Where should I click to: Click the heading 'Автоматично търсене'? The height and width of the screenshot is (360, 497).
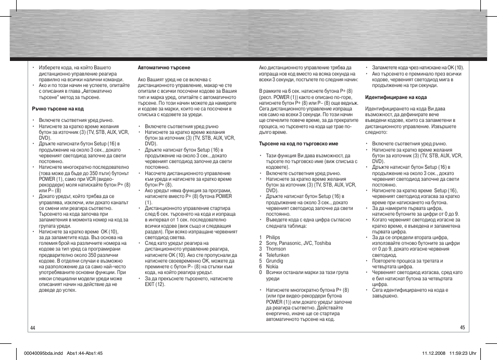coord(164,68)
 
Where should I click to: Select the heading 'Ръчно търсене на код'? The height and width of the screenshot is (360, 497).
coord(58,109)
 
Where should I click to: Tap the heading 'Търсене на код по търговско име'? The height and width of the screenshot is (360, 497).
coord(298,144)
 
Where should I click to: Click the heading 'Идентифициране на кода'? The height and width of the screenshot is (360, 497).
coord(395,97)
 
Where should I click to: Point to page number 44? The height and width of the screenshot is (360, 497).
coord(33,328)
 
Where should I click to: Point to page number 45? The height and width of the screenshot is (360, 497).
coord(462,328)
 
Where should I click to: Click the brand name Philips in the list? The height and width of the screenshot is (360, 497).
coord(273,238)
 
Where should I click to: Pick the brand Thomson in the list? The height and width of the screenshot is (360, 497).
coord(276,249)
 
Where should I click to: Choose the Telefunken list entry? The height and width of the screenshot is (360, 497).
coord(277,255)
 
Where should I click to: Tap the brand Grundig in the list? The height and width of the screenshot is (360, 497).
coord(275,261)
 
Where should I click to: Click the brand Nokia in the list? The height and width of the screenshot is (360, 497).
coord(272,267)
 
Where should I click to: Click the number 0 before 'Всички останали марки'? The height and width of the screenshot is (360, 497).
coord(260,272)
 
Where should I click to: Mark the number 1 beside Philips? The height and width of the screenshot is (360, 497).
coord(260,238)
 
